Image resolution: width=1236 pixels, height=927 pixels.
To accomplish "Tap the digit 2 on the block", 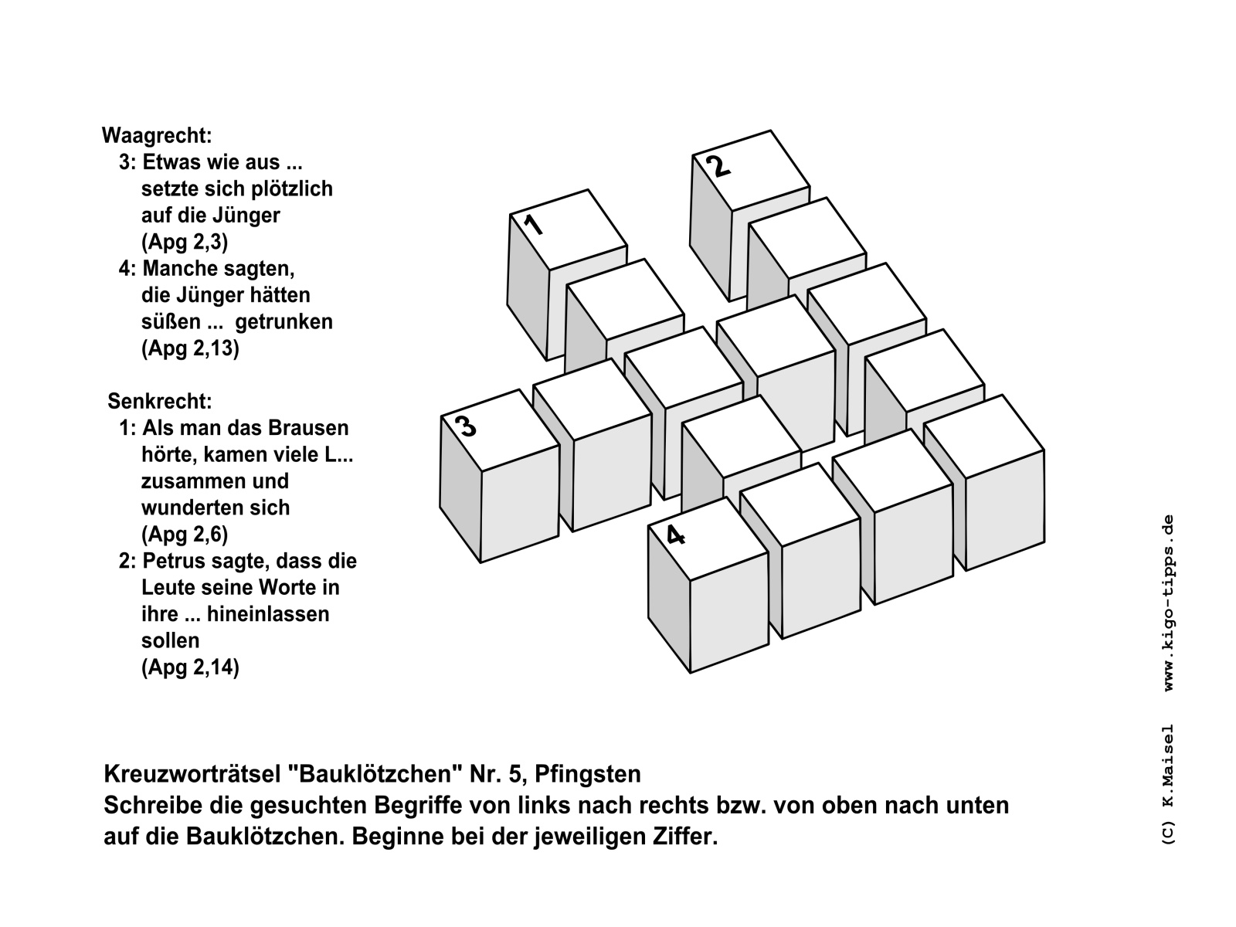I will (718, 166).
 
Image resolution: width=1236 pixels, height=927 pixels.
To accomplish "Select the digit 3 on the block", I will (465, 426).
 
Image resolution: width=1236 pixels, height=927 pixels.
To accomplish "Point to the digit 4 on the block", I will (675, 535).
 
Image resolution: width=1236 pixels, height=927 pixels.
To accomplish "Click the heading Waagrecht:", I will (157, 136).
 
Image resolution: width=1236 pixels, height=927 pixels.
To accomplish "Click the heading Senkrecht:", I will (160, 402).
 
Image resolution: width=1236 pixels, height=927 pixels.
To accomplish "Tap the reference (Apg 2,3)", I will (185, 242).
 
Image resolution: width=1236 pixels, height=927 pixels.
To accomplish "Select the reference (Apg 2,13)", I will (190, 348).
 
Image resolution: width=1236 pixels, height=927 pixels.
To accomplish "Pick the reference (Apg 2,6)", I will (185, 534).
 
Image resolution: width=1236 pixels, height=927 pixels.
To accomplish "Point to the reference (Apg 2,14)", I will (190, 667).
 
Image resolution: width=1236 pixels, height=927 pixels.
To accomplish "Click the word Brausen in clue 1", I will (308, 428).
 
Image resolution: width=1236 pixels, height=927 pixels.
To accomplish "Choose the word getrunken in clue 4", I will (284, 321).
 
